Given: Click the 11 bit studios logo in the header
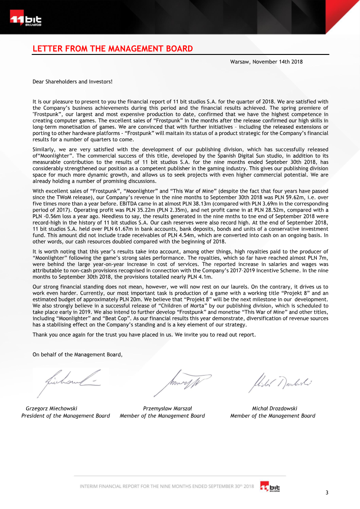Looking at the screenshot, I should pos(26,20).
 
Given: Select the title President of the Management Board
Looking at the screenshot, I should pos(66,416).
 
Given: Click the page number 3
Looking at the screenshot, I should pos(327,492).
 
